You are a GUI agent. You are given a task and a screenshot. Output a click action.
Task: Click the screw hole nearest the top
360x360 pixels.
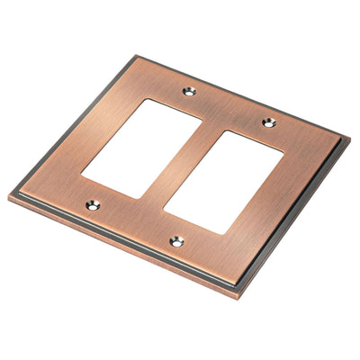188,91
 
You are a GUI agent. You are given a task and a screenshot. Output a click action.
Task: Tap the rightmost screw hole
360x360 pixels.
267,122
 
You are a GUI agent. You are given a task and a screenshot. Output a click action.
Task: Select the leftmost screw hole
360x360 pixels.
93,205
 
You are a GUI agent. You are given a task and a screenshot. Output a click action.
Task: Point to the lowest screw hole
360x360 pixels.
176,241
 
